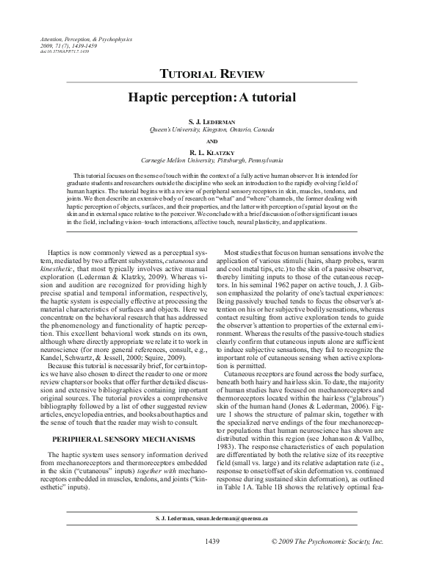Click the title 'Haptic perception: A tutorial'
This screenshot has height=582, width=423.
click(211, 96)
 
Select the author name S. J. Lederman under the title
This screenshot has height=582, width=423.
click(211, 120)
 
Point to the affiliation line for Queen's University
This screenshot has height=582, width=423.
click(211, 129)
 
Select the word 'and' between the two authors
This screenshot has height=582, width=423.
click(211, 140)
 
